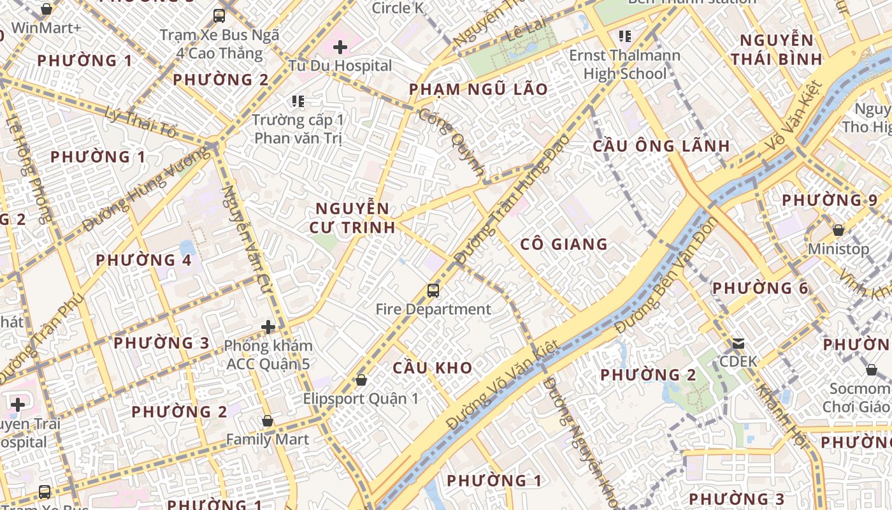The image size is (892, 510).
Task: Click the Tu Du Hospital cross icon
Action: click(340, 47)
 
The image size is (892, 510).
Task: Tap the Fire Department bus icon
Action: click(433, 291)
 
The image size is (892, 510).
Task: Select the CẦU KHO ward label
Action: click(433, 368)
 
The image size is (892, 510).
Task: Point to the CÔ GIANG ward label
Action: click(564, 244)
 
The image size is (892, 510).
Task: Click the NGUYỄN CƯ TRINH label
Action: click(352, 218)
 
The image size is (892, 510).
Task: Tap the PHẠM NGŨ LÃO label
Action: click(478, 89)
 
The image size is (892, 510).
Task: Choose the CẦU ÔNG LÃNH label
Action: click(661, 146)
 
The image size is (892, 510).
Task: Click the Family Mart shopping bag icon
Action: click(268, 421)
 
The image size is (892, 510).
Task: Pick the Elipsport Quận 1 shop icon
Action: click(361, 380)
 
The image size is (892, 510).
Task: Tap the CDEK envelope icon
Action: click(738, 344)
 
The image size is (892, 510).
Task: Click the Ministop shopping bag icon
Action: click(838, 230)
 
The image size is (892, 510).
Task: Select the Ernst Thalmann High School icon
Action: click(624, 36)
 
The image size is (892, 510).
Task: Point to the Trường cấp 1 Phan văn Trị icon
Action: click(298, 101)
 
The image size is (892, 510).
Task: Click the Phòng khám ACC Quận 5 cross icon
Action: click(268, 327)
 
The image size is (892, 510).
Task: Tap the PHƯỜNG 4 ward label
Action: click(143, 260)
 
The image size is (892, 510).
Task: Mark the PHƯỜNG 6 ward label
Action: click(760, 288)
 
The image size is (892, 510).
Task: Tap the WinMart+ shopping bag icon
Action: click(47, 9)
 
